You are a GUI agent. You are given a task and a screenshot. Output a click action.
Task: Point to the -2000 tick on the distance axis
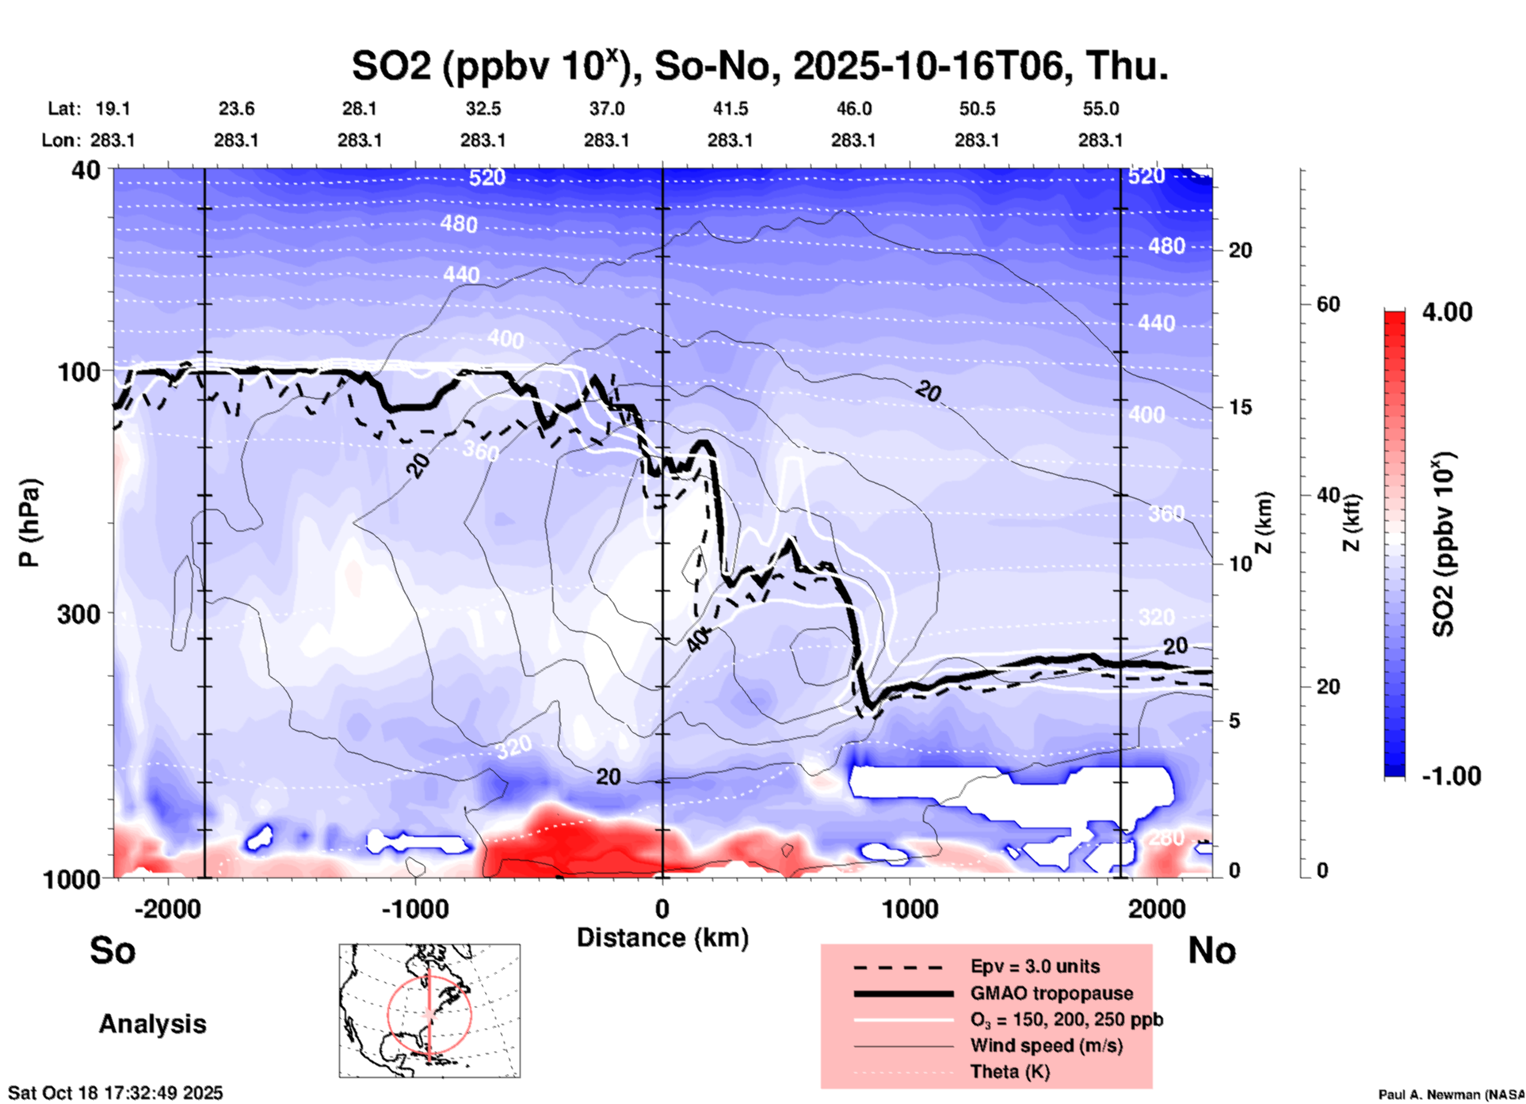click(x=168, y=908)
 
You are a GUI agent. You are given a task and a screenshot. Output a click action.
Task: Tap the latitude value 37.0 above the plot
click(x=606, y=108)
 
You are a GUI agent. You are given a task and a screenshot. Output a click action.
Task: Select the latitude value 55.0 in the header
click(x=1101, y=108)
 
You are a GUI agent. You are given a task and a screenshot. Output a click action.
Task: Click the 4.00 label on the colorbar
click(x=1447, y=312)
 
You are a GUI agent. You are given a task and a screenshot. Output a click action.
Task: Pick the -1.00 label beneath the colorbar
click(x=1451, y=776)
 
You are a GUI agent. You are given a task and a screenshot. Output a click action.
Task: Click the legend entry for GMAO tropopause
click(x=1051, y=993)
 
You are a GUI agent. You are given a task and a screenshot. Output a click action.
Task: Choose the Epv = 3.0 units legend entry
click(x=1035, y=966)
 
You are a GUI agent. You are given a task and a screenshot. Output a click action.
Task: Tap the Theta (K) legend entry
click(x=1009, y=1072)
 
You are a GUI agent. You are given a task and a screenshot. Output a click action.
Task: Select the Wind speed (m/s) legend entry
click(x=1046, y=1045)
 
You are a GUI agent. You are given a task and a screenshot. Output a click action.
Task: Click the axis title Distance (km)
click(x=662, y=938)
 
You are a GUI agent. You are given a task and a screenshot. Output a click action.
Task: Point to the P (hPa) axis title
click(x=29, y=523)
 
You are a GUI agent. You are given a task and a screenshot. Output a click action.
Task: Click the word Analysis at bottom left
click(x=152, y=1024)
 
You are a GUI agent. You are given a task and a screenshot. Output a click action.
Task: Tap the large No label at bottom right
click(x=1211, y=950)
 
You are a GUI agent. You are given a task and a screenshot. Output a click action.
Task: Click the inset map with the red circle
click(x=429, y=1011)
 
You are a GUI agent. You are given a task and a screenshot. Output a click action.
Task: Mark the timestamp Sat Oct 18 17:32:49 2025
click(x=116, y=1093)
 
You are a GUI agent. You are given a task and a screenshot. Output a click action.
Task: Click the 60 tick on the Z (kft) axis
click(x=1328, y=304)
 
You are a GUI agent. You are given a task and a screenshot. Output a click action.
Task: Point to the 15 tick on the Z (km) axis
click(x=1240, y=407)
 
